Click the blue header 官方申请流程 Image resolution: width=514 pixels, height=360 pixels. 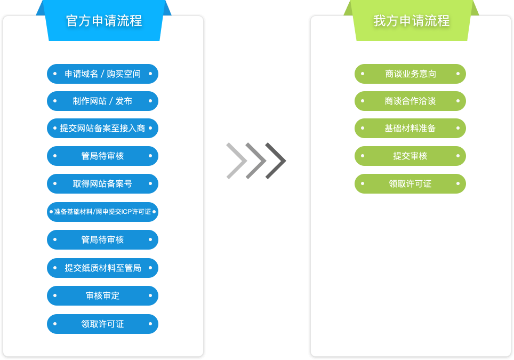[x=104, y=21]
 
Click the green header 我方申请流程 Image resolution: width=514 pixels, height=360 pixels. [x=411, y=21]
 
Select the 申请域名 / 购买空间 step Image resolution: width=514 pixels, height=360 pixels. [x=102, y=74]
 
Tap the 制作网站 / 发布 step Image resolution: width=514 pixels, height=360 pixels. [x=102, y=101]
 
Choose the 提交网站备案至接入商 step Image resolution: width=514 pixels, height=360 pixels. [x=102, y=129]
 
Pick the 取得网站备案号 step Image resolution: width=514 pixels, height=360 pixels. [x=102, y=184]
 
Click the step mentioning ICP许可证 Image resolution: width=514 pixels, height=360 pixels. [x=102, y=212]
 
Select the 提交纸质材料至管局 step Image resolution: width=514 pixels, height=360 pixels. [x=102, y=268]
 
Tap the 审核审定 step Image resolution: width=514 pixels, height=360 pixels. [x=102, y=295]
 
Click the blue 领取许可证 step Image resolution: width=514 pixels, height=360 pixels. [x=102, y=324]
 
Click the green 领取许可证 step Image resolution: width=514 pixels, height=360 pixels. [x=410, y=184]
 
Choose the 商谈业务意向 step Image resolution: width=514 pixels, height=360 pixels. [x=410, y=74]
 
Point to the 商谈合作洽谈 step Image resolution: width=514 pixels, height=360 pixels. [x=410, y=101]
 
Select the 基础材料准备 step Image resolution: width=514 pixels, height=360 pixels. [x=410, y=129]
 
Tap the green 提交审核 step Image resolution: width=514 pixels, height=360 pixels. [x=410, y=156]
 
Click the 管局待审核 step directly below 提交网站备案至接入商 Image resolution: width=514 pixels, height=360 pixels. [x=102, y=156]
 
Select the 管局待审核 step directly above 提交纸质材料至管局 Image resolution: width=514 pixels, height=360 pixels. [x=102, y=240]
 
